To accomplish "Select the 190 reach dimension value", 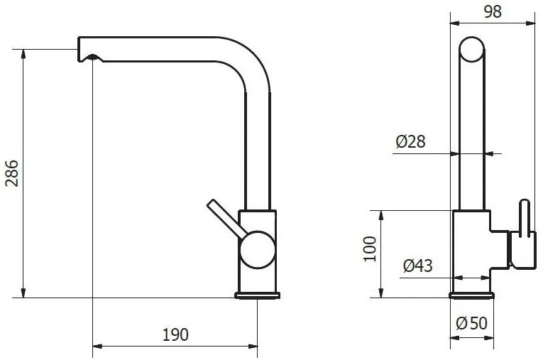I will [175, 334].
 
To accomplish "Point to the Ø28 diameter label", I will [410, 142].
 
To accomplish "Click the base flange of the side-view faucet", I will [258, 295].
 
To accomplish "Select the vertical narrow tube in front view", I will [472, 142].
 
